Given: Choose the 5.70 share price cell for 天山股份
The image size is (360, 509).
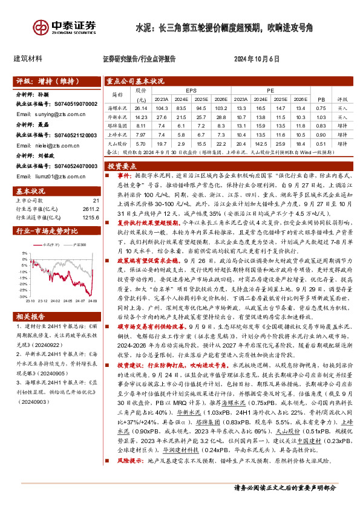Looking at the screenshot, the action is point(141,143).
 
